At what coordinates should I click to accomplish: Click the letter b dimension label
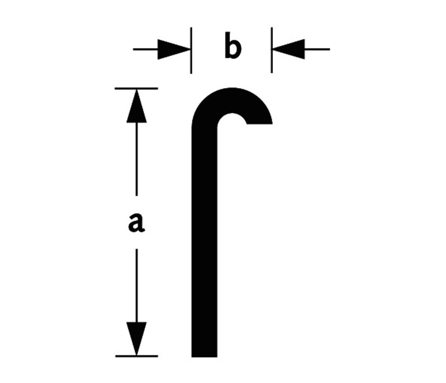pos(233,46)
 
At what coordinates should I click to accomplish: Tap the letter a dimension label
pos(136,223)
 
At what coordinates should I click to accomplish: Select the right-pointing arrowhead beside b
pos(174,49)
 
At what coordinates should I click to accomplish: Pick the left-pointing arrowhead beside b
pos(288,49)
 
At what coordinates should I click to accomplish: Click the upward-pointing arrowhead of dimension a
pos(136,106)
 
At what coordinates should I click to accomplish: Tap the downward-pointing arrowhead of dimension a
pos(136,339)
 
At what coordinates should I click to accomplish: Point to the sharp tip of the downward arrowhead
pos(136,356)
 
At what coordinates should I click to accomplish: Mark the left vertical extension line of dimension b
pos(191,50)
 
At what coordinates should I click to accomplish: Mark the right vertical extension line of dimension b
pos(272,50)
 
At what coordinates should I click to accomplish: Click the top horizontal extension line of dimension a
pos(136,88)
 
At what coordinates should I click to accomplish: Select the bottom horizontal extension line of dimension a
pos(136,356)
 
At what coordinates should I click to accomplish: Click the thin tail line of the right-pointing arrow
pos(146,49)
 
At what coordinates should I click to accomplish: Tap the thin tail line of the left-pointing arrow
pos(317,49)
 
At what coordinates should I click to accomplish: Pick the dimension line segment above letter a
pos(136,159)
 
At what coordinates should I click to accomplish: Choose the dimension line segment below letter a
pos(136,286)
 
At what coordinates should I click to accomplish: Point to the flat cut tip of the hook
pos(260,124)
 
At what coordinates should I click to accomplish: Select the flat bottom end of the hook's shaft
pos(204,357)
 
